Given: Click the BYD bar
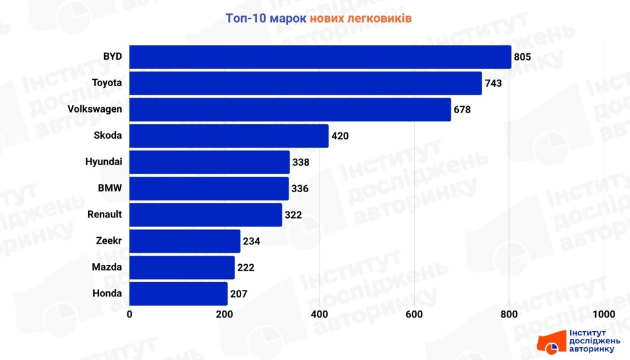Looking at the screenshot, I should [320, 57].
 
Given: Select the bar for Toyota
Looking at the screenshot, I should [305, 83].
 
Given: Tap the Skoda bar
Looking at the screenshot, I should [229, 136].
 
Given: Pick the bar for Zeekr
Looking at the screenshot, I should [185, 241].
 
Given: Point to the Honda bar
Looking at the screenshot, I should [179, 294].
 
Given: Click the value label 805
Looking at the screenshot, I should [522, 57].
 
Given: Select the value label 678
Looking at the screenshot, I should [462, 110].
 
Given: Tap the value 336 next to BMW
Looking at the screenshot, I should [300, 189].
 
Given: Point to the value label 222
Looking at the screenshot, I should [246, 267].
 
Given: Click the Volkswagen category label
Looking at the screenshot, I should [94, 109].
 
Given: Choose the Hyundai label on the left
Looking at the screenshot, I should [104, 162].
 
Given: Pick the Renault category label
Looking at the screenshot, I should [105, 215].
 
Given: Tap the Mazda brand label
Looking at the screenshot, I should [107, 267].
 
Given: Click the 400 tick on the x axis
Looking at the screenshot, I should [319, 314].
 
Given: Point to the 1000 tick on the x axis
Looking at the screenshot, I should [604, 314].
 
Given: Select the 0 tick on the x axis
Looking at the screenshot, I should [130, 314].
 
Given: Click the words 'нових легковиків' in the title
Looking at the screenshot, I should [360, 18].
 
